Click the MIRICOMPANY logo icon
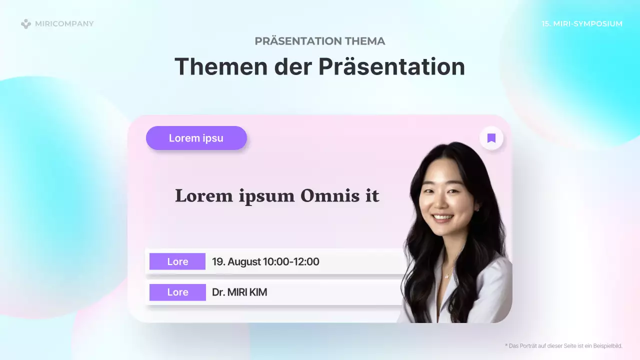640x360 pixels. point(26,24)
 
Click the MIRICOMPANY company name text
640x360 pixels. point(64,24)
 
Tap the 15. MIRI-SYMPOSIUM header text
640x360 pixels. point(582,24)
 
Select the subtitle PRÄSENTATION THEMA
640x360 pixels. point(320,41)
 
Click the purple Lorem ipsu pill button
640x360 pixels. point(196,138)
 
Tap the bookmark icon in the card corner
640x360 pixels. point(491,138)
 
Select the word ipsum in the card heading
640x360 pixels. point(267,195)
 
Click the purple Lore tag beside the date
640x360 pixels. point(177,261)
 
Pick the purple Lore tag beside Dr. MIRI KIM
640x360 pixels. point(177,292)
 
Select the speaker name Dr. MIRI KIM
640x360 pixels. point(239,292)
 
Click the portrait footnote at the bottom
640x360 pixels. point(563,346)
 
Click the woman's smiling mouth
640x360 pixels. point(443,218)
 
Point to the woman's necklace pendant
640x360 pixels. point(446,275)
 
